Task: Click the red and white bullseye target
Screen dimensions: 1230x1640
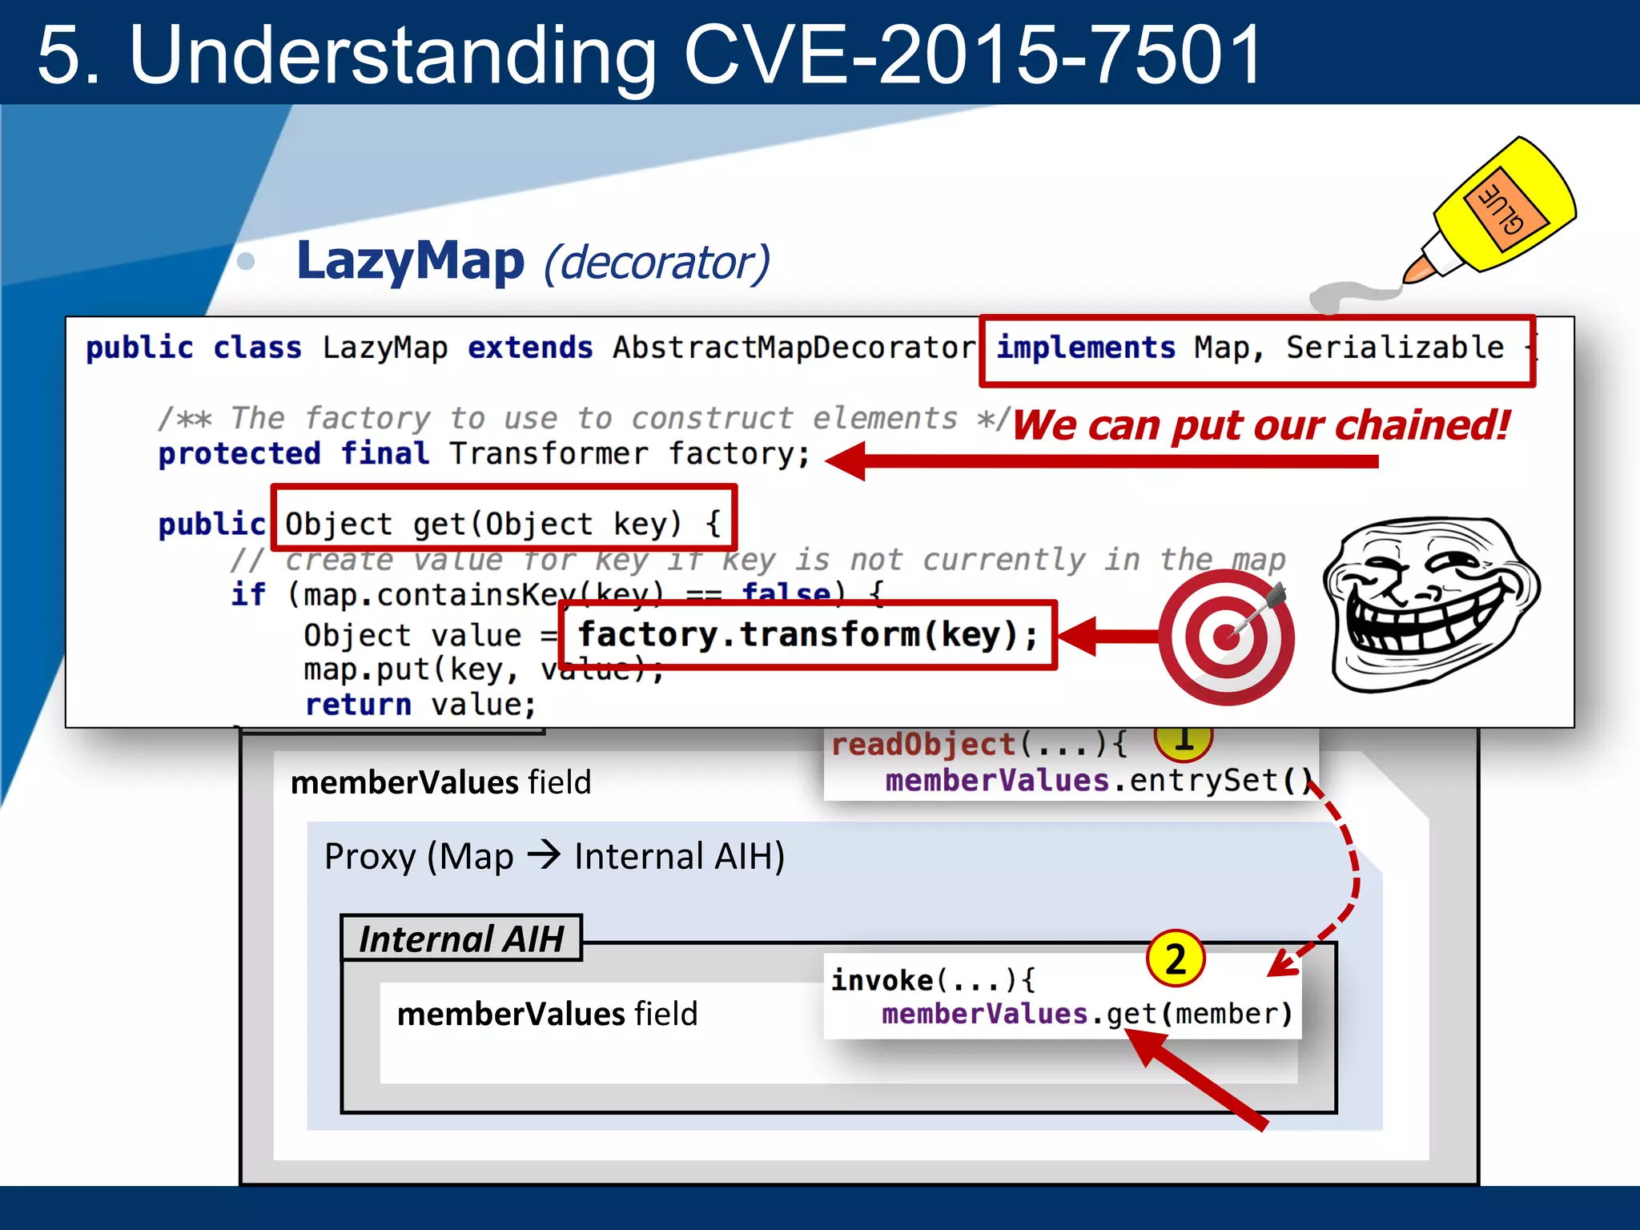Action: pos(1226,637)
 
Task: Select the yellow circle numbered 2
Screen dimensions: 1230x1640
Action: pos(1176,959)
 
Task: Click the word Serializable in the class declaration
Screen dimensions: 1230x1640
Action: pos(1394,348)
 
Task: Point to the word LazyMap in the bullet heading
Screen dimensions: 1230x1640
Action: pos(410,261)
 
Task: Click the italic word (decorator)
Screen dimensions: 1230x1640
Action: pos(657,263)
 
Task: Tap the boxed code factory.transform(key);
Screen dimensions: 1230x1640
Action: pos(807,635)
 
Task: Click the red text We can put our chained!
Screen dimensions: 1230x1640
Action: pos(1261,424)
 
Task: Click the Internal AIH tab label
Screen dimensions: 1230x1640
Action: pos(461,939)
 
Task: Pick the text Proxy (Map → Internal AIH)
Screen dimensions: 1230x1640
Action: pos(554,856)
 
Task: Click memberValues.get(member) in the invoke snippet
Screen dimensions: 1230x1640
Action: pos(1087,1014)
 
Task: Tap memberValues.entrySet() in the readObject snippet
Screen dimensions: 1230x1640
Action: pos(1097,780)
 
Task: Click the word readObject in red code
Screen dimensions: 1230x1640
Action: pos(922,745)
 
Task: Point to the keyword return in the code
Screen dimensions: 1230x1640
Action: pos(358,705)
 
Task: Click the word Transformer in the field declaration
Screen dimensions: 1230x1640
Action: pos(549,454)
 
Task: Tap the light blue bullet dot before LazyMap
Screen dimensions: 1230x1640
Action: pos(246,261)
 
